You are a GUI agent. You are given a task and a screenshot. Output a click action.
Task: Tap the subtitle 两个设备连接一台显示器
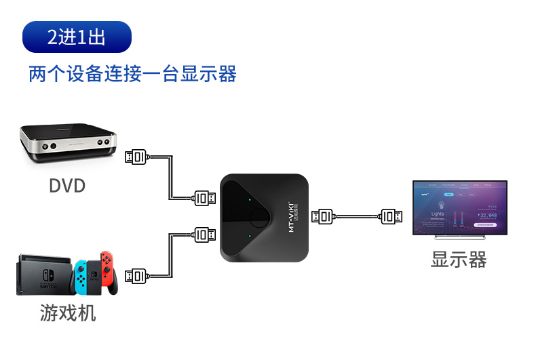(x=132, y=73)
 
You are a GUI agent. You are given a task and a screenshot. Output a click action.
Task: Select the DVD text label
(x=67, y=184)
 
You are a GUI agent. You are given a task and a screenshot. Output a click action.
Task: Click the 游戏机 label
(x=67, y=313)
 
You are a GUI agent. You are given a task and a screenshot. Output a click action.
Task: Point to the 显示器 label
(x=459, y=259)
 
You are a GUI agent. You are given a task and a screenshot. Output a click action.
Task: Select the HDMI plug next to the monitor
(x=390, y=216)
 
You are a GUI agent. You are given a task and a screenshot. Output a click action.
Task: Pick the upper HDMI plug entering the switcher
(x=206, y=198)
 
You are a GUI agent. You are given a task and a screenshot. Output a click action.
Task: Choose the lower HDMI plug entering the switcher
(x=206, y=235)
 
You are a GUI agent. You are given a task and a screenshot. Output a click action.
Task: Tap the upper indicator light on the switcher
(x=250, y=200)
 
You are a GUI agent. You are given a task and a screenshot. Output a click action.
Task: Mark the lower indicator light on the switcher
(x=250, y=236)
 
